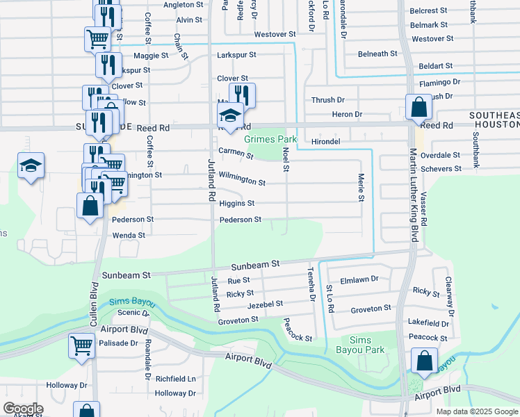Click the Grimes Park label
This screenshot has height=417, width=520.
[270, 140]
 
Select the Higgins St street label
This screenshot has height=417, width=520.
[236, 204]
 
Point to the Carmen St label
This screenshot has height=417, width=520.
[235, 152]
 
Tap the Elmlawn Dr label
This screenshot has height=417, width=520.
[359, 279]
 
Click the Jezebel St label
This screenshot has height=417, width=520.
[266, 304]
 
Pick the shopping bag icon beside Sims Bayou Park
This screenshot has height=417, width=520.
[423, 361]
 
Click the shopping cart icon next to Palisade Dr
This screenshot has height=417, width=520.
[81, 345]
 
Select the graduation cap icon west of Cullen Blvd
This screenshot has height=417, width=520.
[31, 166]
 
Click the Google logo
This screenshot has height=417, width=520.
[23, 409]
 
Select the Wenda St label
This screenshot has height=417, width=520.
[129, 236]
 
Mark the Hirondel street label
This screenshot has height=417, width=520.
[326, 140]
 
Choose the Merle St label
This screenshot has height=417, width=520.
[361, 188]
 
